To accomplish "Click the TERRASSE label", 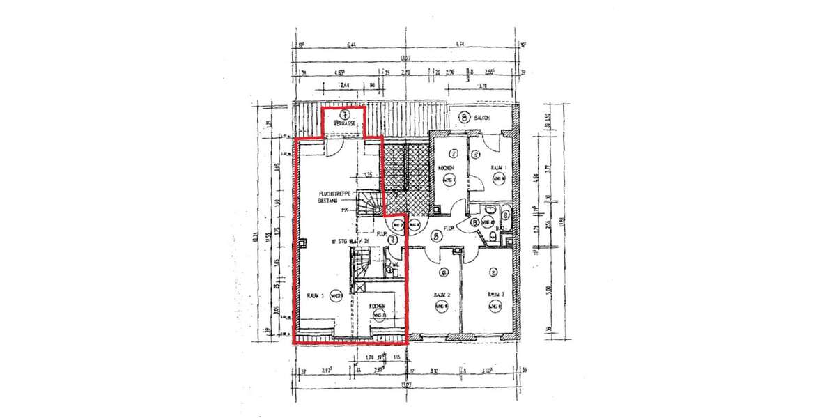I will (344, 123).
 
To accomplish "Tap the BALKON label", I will (482, 118).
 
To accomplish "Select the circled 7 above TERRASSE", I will (343, 114).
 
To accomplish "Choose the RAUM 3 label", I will (495, 294).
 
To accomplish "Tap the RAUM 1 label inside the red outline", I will (316, 295).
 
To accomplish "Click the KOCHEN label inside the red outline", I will (378, 306).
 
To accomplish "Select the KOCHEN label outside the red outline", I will (447, 169).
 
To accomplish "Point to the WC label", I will (394, 265).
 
